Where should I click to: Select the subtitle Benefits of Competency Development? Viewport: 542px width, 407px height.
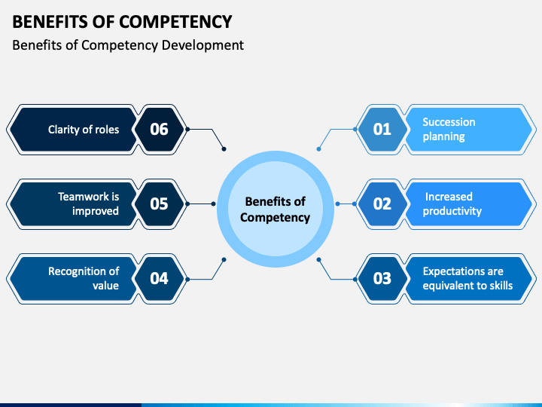pyautogui.click(x=128, y=45)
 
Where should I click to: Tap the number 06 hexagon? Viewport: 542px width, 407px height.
pyautogui.click(x=159, y=129)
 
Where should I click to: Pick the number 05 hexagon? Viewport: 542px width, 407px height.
pyautogui.click(x=159, y=203)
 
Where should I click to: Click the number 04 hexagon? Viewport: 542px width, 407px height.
pyautogui.click(x=159, y=278)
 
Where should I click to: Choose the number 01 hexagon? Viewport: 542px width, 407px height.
pyautogui.click(x=382, y=129)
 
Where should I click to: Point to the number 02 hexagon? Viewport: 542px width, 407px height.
pyautogui.click(x=382, y=203)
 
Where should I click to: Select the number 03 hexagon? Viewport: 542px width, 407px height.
pyautogui.click(x=382, y=278)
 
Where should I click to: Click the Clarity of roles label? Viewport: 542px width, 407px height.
pyautogui.click(x=84, y=129)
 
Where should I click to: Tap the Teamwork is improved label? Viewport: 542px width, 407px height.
pyautogui.click(x=88, y=203)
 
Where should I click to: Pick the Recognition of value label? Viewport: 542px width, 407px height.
pyautogui.click(x=84, y=278)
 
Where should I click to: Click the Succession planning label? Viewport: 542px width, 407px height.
pyautogui.click(x=449, y=129)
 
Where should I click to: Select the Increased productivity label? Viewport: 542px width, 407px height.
pyautogui.click(x=452, y=203)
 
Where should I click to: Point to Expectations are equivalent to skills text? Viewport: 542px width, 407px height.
pyautogui.click(x=467, y=278)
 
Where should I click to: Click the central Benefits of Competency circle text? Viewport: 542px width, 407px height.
pyautogui.click(x=275, y=210)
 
